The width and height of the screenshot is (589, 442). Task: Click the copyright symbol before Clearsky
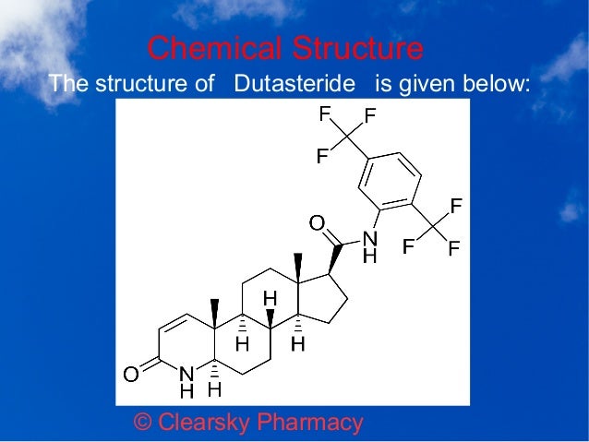[143, 423]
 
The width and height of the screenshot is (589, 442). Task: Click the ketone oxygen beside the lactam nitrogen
[132, 374]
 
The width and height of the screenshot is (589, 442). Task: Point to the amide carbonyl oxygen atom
[317, 222]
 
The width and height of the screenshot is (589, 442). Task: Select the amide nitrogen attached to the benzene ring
[369, 238]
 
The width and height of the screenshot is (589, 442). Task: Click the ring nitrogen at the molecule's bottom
[187, 375]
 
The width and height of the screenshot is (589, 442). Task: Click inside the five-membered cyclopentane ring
[324, 297]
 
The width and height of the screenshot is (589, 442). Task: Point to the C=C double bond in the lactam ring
[174, 323]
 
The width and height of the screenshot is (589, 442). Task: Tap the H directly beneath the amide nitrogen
[369, 256]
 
